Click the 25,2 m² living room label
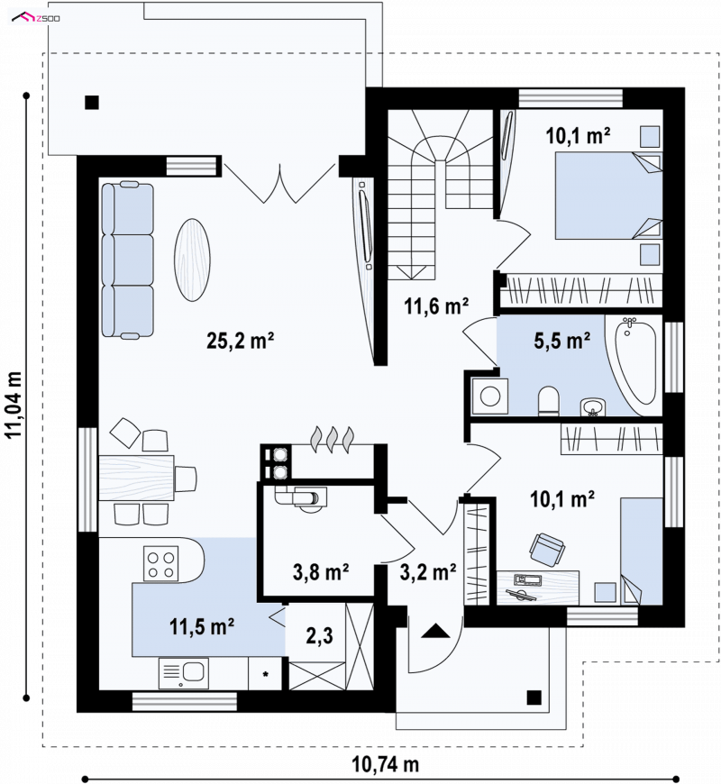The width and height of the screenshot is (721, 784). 240,341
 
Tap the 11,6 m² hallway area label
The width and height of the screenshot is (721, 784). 436,306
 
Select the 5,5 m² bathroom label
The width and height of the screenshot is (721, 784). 562,341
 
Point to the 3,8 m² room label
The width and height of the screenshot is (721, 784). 321,572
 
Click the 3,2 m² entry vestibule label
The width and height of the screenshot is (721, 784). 428,571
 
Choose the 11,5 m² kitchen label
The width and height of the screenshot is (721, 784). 202,626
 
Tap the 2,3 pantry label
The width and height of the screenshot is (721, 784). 320,636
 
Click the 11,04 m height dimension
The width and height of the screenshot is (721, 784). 14,405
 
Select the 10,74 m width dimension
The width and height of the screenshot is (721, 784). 385,764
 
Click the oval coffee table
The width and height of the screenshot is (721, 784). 192,260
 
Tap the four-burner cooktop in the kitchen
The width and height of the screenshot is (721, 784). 160,563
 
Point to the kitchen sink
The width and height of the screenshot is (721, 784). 184,673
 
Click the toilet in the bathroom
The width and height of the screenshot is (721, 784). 549,400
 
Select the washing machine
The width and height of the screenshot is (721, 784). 490,396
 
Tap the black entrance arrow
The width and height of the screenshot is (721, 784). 435,631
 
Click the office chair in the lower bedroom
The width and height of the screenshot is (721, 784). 547,549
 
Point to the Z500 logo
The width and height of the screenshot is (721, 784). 36,19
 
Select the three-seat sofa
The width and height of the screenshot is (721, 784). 127,260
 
